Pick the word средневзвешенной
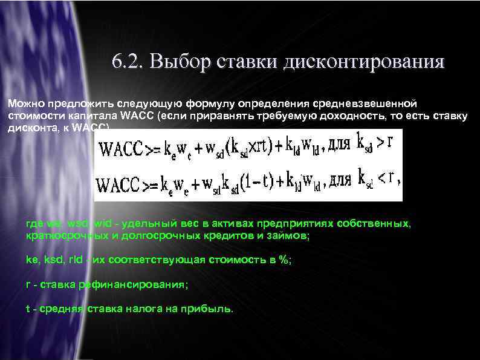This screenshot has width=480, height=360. click(x=360, y=104)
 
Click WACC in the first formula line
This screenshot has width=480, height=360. click(x=120, y=148)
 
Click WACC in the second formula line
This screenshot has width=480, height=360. click(x=120, y=182)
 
